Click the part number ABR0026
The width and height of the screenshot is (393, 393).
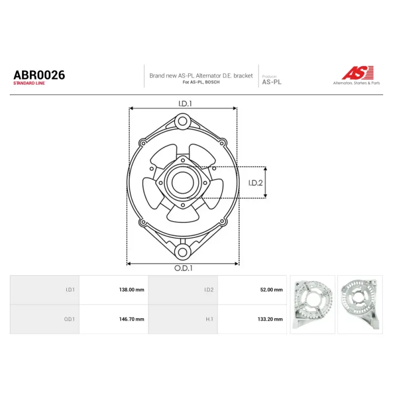pos(39,75)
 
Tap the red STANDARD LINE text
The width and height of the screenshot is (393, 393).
pos(29,83)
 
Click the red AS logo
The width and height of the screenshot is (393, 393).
pos(358,73)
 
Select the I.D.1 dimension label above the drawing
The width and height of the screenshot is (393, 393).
pos(185,104)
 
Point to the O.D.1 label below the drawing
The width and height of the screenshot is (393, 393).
pos(183,268)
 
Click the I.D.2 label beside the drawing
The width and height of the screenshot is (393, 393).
pos(255,183)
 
